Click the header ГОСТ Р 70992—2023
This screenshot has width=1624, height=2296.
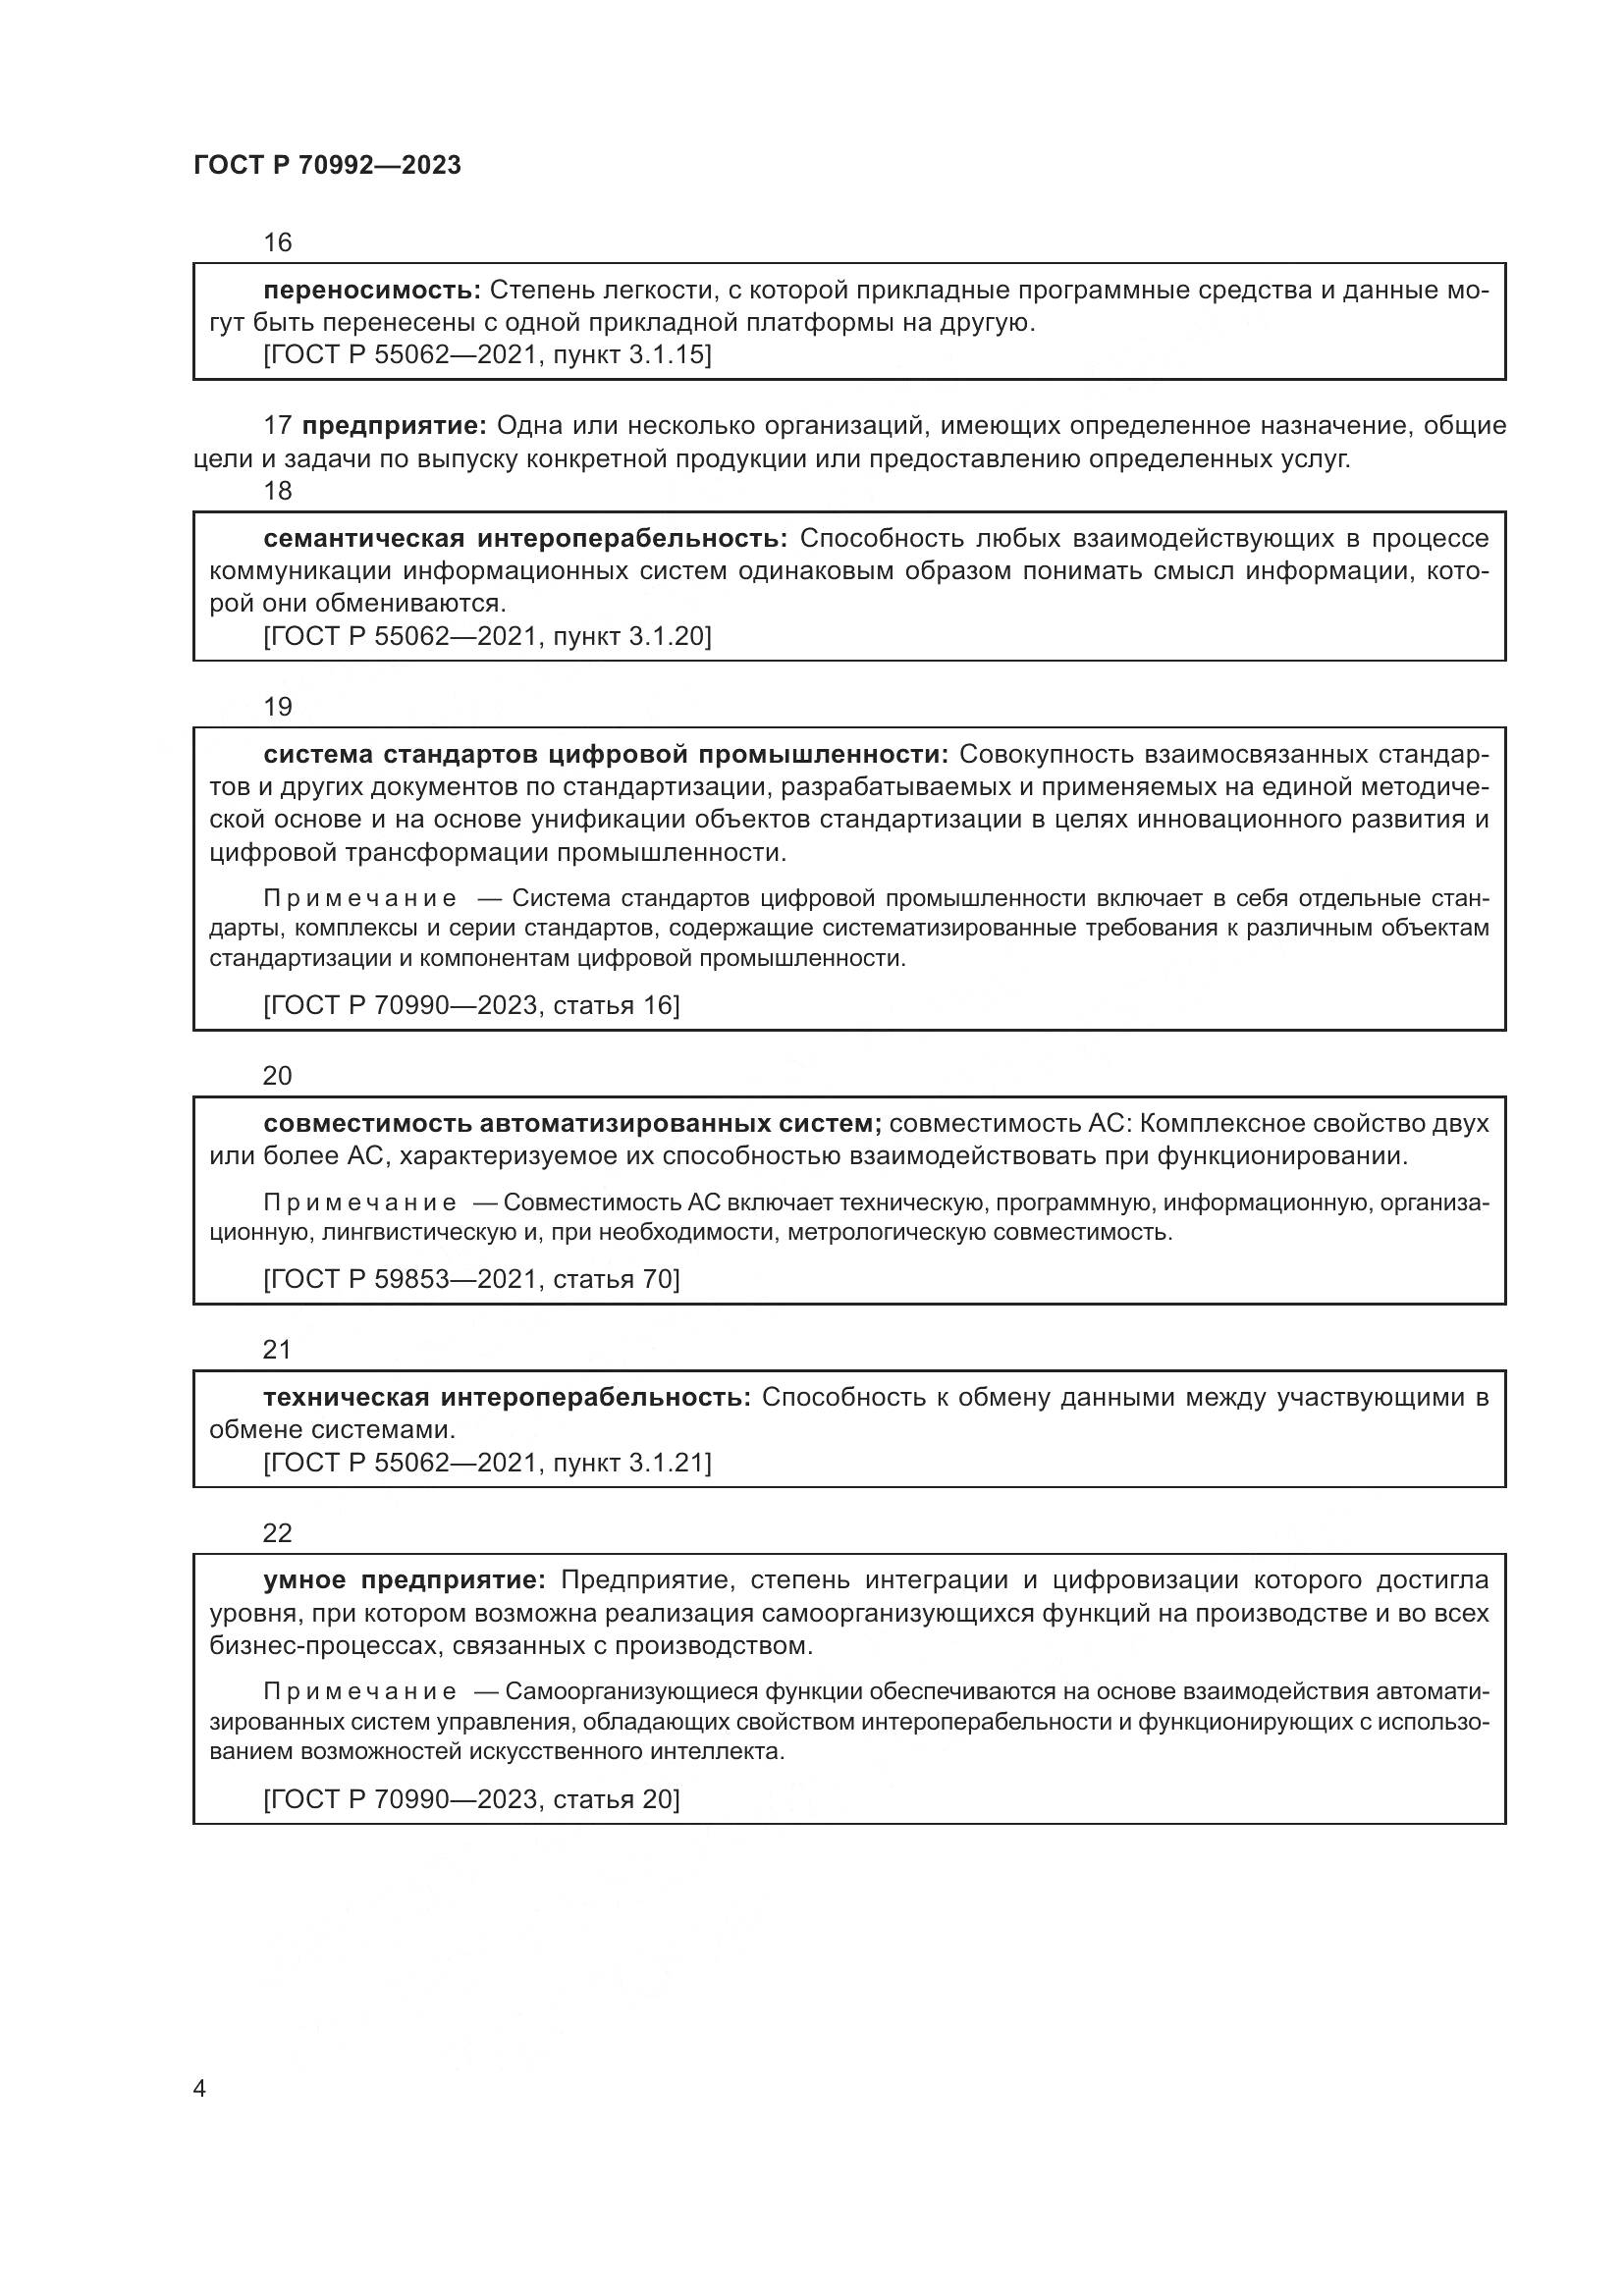pos(327,166)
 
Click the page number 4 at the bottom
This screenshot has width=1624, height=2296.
pos(199,2089)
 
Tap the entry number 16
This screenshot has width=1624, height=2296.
pos(277,242)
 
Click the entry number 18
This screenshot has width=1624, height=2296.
pos(277,491)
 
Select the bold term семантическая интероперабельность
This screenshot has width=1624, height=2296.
pos(525,539)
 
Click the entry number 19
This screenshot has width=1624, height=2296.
pos(277,707)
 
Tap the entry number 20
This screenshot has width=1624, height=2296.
pos(277,1076)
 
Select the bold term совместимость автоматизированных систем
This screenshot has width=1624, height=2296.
pos(572,1123)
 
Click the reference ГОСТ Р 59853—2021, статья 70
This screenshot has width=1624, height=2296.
pos(471,1279)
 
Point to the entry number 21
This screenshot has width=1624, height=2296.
pos(277,1350)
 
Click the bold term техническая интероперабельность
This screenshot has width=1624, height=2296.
pos(506,1397)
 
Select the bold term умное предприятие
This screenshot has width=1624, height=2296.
pos(404,1580)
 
